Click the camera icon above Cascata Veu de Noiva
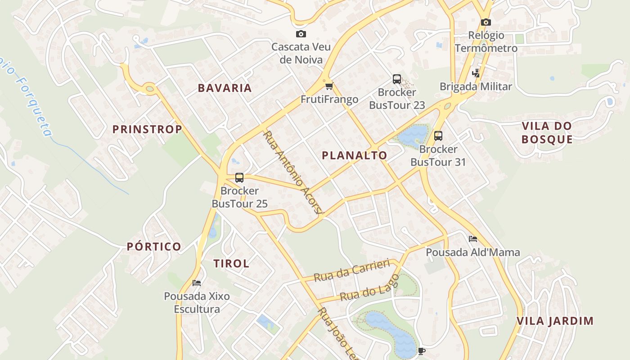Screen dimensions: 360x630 pyautogui.click(x=301, y=34)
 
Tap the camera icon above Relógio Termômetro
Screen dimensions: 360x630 pyautogui.click(x=486, y=22)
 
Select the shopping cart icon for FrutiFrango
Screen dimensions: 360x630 pyautogui.click(x=329, y=86)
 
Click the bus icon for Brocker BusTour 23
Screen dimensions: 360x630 pyautogui.click(x=396, y=79)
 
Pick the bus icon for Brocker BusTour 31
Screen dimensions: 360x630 pyautogui.click(x=438, y=135)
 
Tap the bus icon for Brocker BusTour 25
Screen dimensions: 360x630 pyautogui.click(x=239, y=178)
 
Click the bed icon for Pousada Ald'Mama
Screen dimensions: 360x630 pyautogui.click(x=472, y=239)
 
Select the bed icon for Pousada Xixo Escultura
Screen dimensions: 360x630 pyautogui.click(x=197, y=283)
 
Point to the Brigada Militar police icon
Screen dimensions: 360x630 pyautogui.click(x=475, y=73)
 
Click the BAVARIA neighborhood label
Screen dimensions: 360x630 pyautogui.click(x=225, y=88)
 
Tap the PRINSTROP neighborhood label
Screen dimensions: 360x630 pyautogui.click(x=147, y=130)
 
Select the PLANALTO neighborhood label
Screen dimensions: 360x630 pyautogui.click(x=355, y=156)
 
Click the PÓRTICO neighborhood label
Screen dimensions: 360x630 pyautogui.click(x=154, y=247)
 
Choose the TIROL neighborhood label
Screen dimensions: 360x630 pyautogui.click(x=231, y=264)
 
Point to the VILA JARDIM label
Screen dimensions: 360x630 pyautogui.click(x=555, y=321)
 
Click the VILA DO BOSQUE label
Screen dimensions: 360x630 pyautogui.click(x=547, y=132)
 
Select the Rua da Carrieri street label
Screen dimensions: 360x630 pyautogui.click(x=351, y=270)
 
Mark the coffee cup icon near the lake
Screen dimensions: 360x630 pyautogui.click(x=421, y=351)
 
